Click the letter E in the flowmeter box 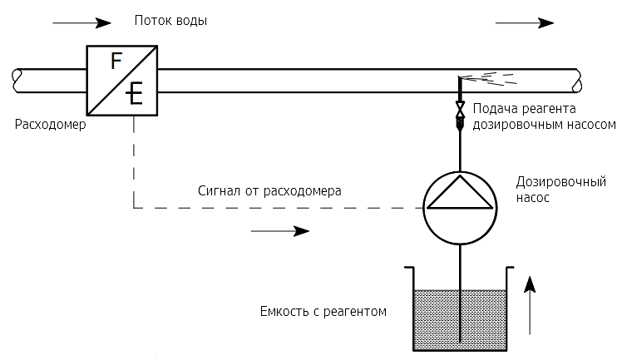[x=135, y=94]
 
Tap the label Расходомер [x=50, y=125]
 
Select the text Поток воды [x=170, y=21]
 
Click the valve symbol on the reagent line [x=459, y=111]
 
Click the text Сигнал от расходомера [x=269, y=190]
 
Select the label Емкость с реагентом [x=324, y=312]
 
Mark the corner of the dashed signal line [x=134, y=208]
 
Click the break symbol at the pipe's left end [x=16, y=79]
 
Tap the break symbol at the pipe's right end [x=575, y=80]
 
